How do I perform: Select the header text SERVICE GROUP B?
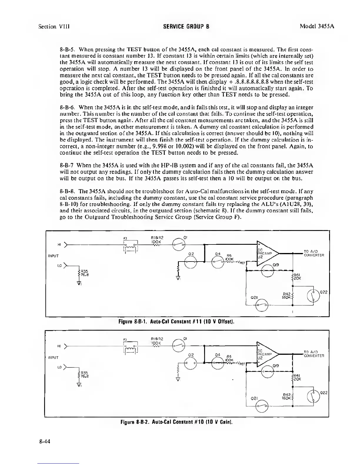click(x=186, y=26)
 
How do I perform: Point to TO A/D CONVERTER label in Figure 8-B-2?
click(x=314, y=354)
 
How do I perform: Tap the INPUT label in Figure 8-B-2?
click(x=53, y=357)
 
